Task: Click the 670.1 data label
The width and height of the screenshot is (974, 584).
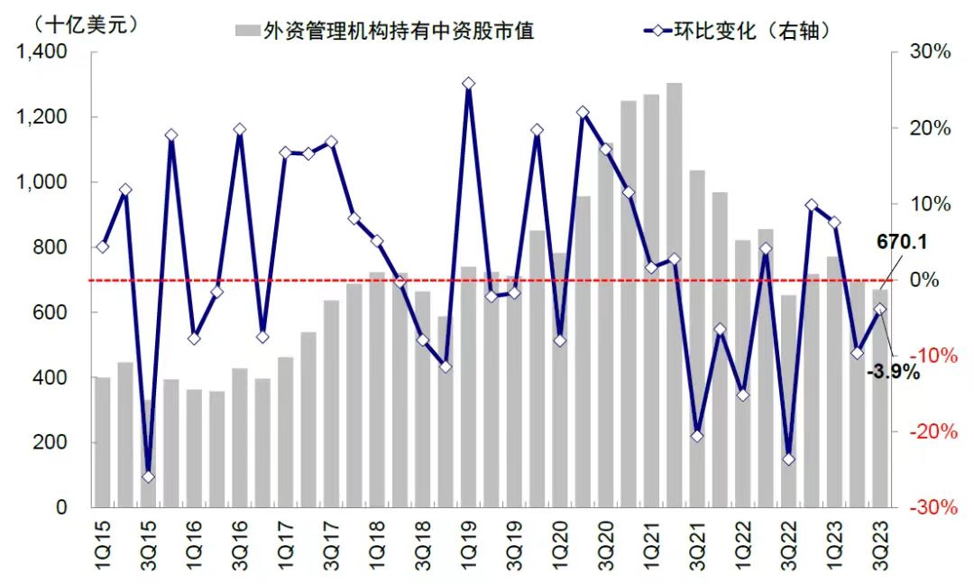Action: tap(902, 243)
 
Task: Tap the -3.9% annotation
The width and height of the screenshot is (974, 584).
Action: tap(894, 371)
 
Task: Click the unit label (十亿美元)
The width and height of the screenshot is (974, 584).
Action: tap(75, 25)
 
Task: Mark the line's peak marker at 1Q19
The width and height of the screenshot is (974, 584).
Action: tap(468, 84)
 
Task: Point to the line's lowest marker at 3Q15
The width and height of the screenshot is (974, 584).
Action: tap(148, 477)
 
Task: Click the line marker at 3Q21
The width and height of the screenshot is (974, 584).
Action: tap(697, 436)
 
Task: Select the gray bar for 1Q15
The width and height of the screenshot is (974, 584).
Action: tap(102, 441)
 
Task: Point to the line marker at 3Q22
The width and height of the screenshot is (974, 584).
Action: tap(788, 459)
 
